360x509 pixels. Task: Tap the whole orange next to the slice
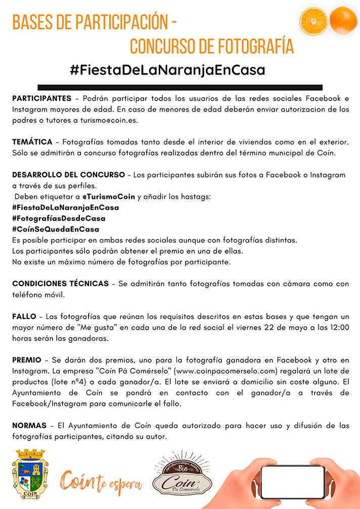(343, 20)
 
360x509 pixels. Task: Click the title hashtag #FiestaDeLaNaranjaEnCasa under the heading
(167, 70)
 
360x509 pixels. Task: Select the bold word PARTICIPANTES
(41, 98)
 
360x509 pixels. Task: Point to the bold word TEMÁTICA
(32, 142)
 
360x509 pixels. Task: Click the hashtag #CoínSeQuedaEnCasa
(56, 229)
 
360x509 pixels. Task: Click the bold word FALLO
(24, 316)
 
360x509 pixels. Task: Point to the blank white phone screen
(292, 482)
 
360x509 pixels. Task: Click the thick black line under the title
(180, 87)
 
